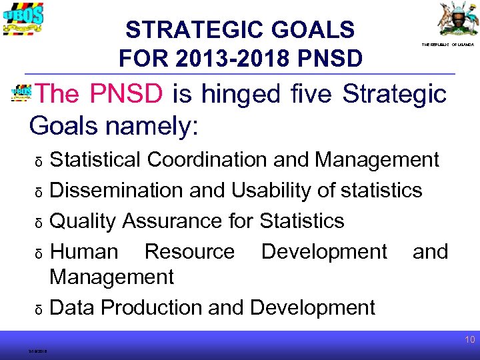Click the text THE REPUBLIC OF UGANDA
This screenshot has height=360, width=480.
[x=447, y=44]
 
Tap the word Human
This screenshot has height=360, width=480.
[x=85, y=251]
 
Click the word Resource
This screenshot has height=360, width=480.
[x=189, y=251]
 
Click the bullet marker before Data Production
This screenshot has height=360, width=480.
[x=39, y=309]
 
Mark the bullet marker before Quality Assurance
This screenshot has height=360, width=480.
[x=39, y=223]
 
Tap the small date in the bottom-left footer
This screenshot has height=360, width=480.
[x=37, y=351]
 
